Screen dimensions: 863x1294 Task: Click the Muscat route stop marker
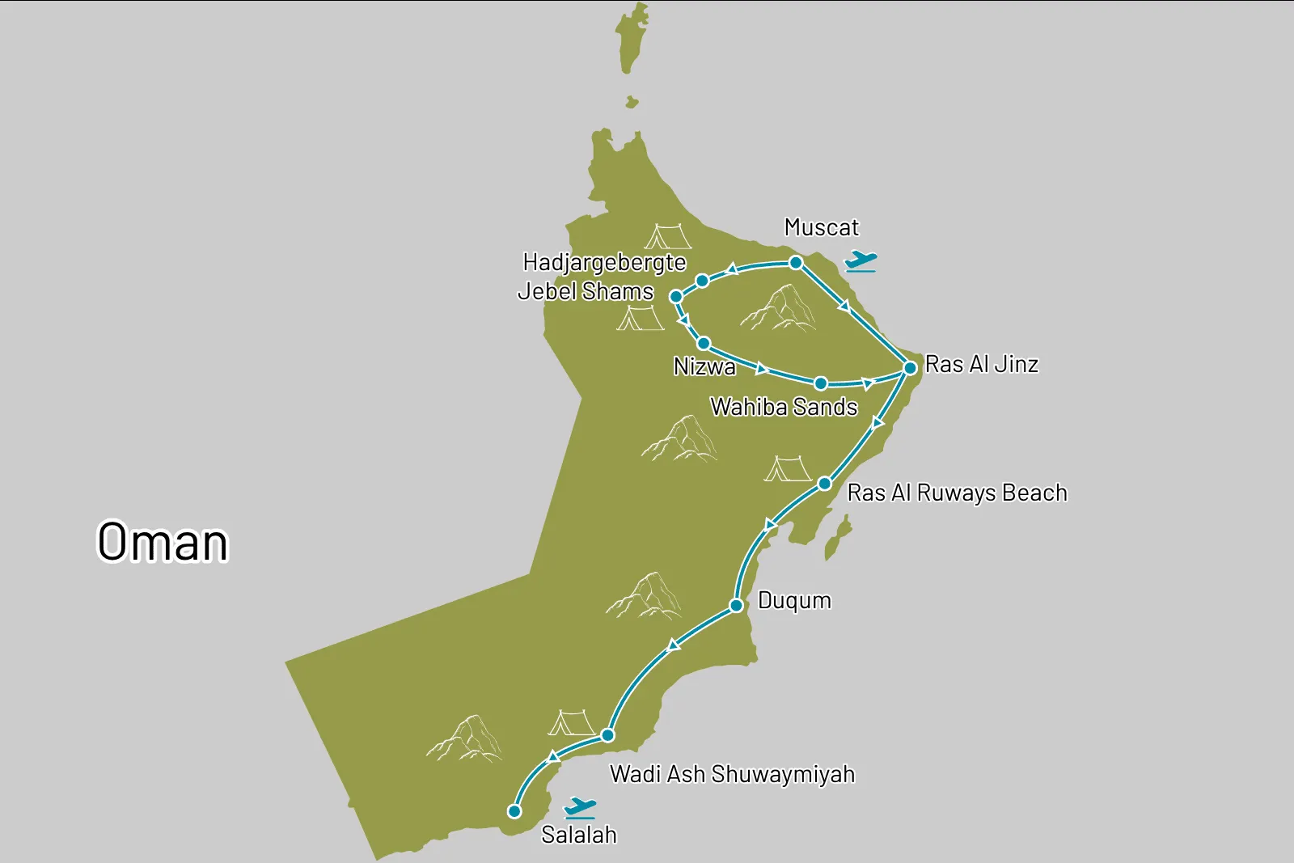[x=796, y=263]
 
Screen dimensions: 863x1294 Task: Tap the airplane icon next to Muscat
[x=861, y=261]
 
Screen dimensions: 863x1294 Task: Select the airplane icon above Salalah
[x=580, y=807]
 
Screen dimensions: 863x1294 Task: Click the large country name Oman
[x=163, y=542]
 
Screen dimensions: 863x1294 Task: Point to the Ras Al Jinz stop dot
[x=910, y=368]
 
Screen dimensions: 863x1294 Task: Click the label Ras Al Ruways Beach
[x=957, y=493]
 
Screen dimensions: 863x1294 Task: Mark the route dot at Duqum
[x=736, y=606]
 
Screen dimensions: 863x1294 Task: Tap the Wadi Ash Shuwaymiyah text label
[x=732, y=774]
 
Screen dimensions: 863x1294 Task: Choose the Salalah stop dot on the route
[x=514, y=811]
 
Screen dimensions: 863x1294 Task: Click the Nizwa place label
[x=704, y=367]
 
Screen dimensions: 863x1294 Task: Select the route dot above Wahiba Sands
[x=820, y=383]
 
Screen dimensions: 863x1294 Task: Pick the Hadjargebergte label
[x=604, y=262]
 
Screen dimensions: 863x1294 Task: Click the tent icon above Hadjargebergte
[x=668, y=236]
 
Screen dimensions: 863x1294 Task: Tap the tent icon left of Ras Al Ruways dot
[x=787, y=469]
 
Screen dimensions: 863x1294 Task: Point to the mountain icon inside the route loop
[x=779, y=309]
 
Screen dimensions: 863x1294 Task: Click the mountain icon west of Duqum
[x=645, y=596]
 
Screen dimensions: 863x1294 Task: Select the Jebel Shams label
[x=586, y=291]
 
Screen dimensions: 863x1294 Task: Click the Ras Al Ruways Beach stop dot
[x=824, y=484]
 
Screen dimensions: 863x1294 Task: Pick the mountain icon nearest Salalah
[x=465, y=738]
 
